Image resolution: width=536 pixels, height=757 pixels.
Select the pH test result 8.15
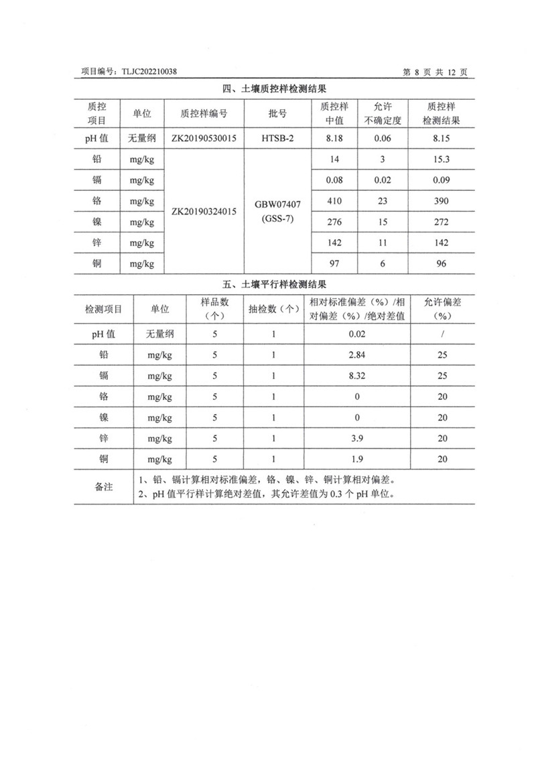click(x=441, y=138)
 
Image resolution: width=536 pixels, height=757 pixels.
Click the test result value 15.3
click(x=441, y=159)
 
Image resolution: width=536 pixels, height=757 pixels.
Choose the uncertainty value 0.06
click(x=383, y=138)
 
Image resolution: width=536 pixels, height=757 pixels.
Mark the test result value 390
click(x=441, y=201)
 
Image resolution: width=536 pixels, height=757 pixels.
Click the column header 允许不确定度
click(x=383, y=114)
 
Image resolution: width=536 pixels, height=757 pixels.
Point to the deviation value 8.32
click(x=357, y=376)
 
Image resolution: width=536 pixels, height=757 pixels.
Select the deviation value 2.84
click(x=357, y=354)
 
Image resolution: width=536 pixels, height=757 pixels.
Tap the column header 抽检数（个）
click(x=274, y=309)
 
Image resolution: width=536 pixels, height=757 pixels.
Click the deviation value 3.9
click(x=357, y=438)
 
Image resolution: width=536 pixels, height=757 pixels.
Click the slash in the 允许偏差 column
click(x=442, y=333)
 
